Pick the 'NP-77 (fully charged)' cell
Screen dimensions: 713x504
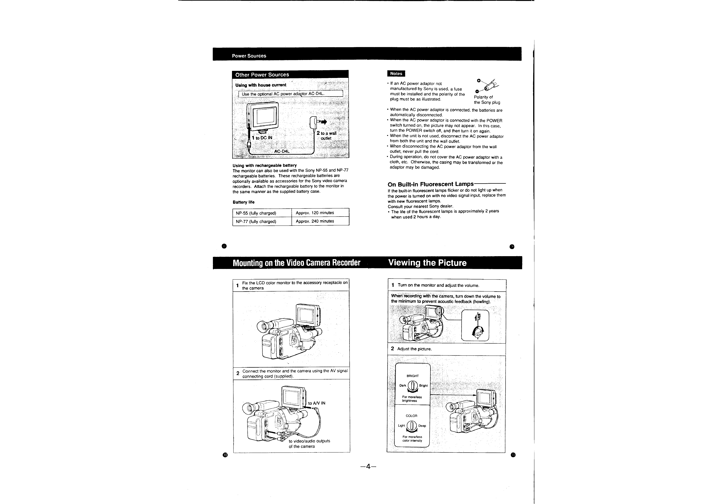coord(256,222)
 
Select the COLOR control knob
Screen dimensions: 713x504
coord(412,426)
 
